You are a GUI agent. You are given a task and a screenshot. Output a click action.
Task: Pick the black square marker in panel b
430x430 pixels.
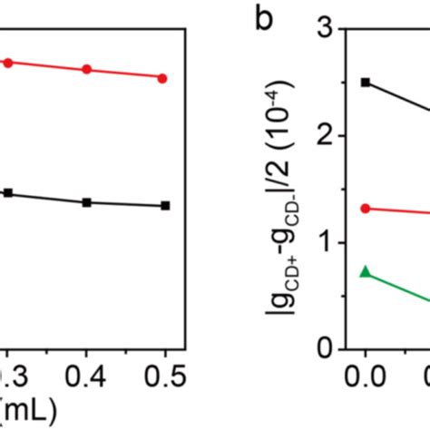[x=366, y=82]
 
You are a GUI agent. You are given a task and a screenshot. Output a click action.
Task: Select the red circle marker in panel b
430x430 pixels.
[x=366, y=208]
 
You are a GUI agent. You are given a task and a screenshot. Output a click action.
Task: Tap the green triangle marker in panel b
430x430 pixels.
[x=366, y=271]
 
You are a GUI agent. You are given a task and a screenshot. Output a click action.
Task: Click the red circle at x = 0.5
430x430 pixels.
[x=162, y=79]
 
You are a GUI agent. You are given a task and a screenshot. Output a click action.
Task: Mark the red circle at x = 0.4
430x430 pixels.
[x=86, y=70]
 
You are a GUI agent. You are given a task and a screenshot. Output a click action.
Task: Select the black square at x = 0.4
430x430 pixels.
[x=86, y=202]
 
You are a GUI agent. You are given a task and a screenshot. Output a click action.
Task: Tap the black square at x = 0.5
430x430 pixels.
[x=164, y=206]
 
